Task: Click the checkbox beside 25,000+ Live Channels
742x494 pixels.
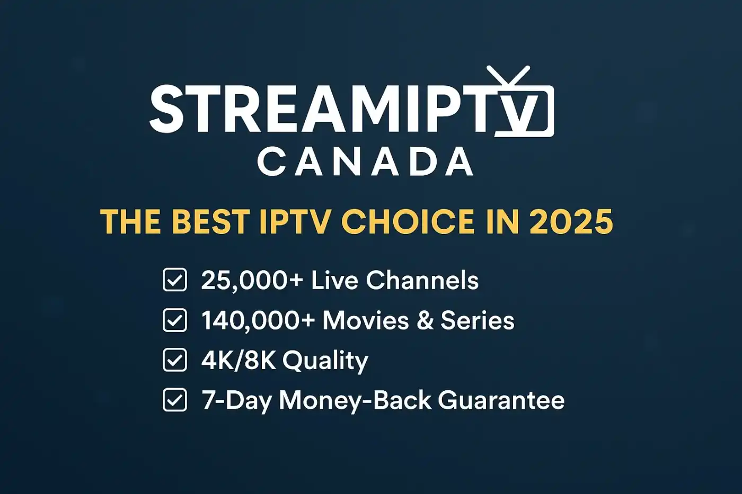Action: [x=175, y=280]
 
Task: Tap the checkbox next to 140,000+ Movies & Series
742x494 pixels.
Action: [x=175, y=320]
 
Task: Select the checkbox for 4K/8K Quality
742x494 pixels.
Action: [x=175, y=360]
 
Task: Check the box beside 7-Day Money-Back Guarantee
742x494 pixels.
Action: [x=175, y=400]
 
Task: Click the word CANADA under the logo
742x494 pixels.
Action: [x=365, y=162]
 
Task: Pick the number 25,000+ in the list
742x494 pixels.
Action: [x=251, y=281]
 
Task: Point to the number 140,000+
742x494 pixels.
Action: [x=258, y=321]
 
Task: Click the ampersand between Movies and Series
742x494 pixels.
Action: [x=425, y=321]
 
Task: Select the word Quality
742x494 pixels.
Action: [x=325, y=361]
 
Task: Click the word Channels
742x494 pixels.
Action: [x=422, y=281]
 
